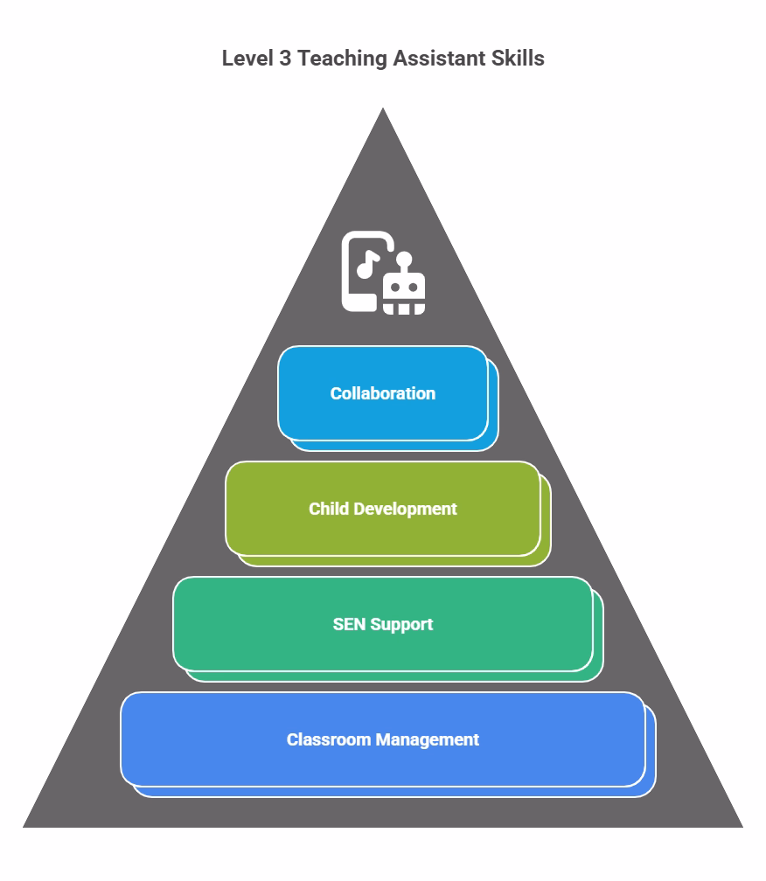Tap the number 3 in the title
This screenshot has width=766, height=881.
(285, 59)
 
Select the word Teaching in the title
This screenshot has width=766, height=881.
(342, 59)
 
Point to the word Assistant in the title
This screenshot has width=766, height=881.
(439, 59)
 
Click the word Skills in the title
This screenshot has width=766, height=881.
(518, 59)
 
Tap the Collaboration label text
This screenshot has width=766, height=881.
(383, 393)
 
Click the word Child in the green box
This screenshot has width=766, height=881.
(329, 509)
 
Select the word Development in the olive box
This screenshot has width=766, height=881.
(405, 510)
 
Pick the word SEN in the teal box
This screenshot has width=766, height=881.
(349, 624)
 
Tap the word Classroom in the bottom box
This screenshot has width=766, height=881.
(328, 739)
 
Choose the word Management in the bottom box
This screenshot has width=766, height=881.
(427, 740)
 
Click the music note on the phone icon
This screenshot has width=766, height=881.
(367, 264)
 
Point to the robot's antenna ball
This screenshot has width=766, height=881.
(404, 259)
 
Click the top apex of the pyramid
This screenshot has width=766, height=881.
(383, 108)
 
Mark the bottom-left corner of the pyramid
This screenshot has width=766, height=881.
(23, 827)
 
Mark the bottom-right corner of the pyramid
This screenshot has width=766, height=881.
(743, 827)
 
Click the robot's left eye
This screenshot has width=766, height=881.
(395, 288)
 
